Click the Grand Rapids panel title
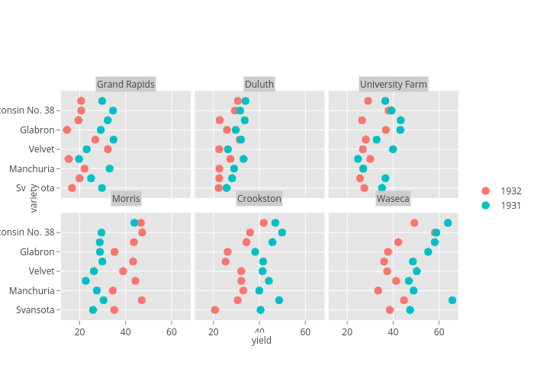tap(125, 84)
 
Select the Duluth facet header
tap(259, 84)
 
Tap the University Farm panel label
tap(393, 84)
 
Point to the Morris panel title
tap(126, 199)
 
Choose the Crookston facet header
tap(259, 199)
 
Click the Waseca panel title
tap(393, 199)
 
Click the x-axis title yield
tap(261, 341)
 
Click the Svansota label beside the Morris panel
tap(37, 310)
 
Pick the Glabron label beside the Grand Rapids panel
tap(38, 130)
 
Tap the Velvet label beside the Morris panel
tap(41, 271)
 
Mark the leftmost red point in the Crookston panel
tap(214, 310)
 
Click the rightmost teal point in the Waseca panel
tap(452, 300)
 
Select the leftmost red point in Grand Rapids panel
tap(67, 130)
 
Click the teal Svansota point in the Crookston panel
tap(260, 310)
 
